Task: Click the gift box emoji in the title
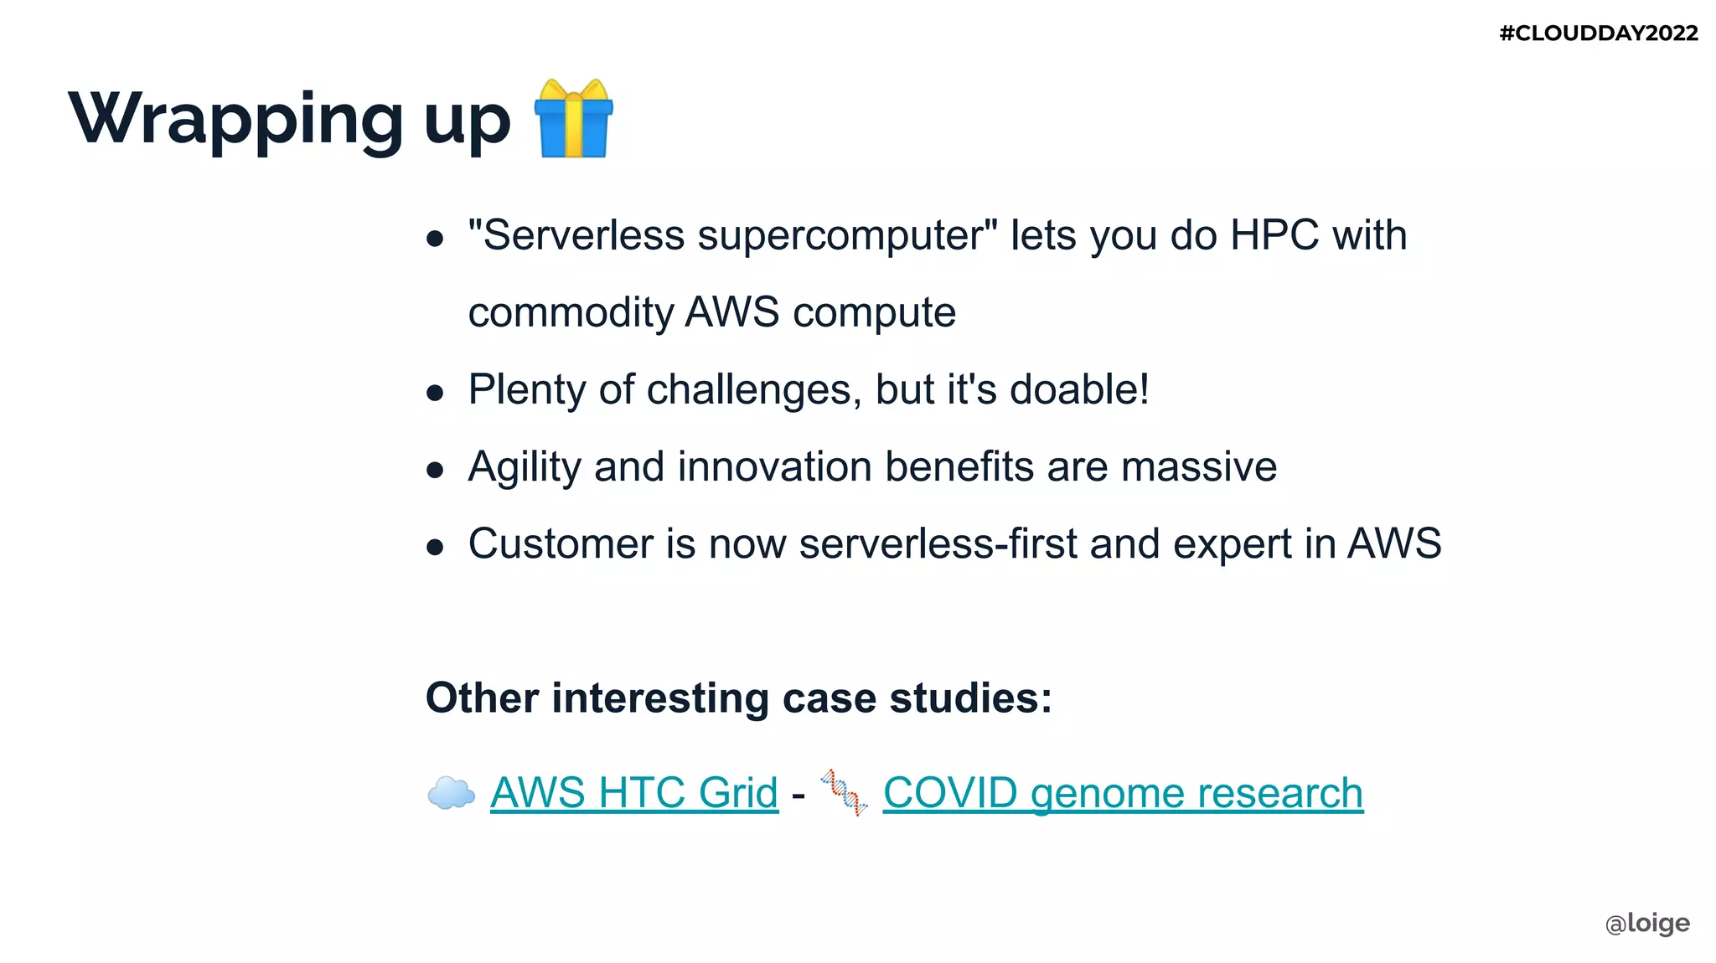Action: pyautogui.click(x=574, y=118)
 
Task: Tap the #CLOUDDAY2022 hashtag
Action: pyautogui.click(x=1598, y=33)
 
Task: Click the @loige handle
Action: pyautogui.click(x=1646, y=923)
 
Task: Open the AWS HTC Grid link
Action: pyautogui.click(x=634, y=792)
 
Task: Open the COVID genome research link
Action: pyautogui.click(x=1123, y=792)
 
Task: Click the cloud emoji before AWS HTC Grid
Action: pyautogui.click(x=451, y=792)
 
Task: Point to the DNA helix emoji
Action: pyautogui.click(x=844, y=792)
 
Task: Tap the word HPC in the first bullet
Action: pyautogui.click(x=1274, y=235)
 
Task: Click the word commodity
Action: pyautogui.click(x=571, y=313)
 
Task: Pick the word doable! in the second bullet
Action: pyautogui.click(x=1079, y=389)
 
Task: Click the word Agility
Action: pyautogui.click(x=524, y=467)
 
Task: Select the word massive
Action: pyautogui.click(x=1199, y=467)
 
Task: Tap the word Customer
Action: pyautogui.click(x=561, y=544)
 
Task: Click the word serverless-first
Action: pyautogui.click(x=938, y=544)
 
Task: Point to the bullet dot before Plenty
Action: pyautogui.click(x=434, y=393)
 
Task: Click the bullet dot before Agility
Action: pyautogui.click(x=434, y=470)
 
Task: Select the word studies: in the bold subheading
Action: pyautogui.click(x=970, y=698)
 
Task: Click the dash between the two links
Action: pyautogui.click(x=799, y=794)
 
